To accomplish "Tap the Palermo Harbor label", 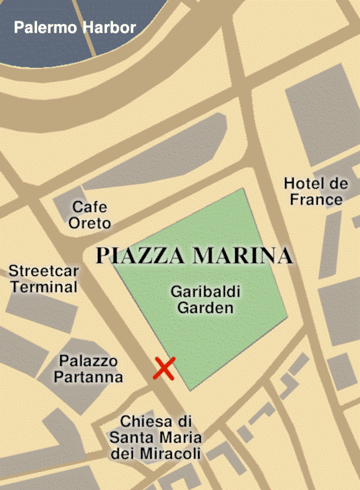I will click(x=75, y=27).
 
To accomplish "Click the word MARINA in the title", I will click(x=242, y=256).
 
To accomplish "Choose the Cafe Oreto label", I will click(x=89, y=215).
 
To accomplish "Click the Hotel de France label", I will click(x=316, y=191).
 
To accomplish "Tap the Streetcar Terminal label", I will click(x=43, y=279).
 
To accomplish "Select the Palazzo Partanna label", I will click(x=88, y=369).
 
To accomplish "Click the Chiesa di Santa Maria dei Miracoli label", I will click(x=156, y=438).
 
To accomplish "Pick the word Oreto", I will click(x=89, y=223).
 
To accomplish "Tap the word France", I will click(x=316, y=199).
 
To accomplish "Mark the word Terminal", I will click(x=44, y=287).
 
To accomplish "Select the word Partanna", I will click(x=88, y=376).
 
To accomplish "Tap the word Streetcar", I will click(x=43, y=271).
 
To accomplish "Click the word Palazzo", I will click(x=88, y=361).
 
